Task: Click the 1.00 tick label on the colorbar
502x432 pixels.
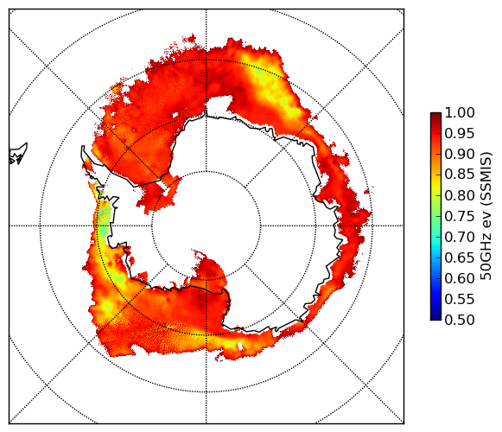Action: pos(460,112)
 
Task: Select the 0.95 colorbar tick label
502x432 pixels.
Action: pos(460,134)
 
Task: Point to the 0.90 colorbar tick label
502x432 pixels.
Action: pos(460,155)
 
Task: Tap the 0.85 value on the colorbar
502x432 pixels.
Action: pos(460,175)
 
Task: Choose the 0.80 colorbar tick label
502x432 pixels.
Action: pos(460,195)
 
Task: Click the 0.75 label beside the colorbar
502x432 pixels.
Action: pos(460,217)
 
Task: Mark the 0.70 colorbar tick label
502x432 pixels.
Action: pos(460,238)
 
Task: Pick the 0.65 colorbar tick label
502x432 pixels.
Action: pos(460,257)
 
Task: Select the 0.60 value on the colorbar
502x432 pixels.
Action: pos(460,278)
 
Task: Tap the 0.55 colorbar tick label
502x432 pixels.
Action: pos(460,300)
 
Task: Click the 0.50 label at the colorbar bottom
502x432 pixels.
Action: pos(460,320)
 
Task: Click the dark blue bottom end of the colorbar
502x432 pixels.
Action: pos(435,317)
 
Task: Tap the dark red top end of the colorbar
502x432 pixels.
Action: pos(435,115)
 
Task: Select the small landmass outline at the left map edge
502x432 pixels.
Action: pos(18,154)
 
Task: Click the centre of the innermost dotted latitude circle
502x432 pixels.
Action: pos(207,226)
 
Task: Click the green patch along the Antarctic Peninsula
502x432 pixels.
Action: pos(103,221)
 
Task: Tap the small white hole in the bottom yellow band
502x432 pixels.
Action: pos(240,346)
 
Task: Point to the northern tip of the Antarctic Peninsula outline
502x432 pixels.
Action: pos(83,147)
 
